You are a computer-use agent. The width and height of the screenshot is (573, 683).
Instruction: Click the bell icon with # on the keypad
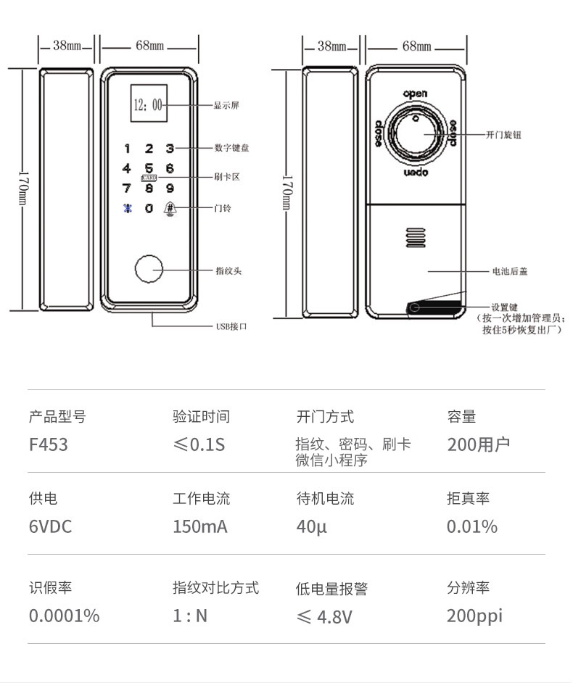(170, 208)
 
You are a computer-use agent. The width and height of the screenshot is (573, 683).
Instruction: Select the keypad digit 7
(126, 189)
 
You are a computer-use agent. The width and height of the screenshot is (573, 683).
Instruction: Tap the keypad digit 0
(149, 209)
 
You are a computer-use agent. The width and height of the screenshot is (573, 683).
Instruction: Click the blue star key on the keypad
(126, 209)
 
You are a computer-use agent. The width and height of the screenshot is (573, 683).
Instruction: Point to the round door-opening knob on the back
(416, 134)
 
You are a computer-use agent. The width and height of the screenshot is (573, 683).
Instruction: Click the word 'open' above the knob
(416, 94)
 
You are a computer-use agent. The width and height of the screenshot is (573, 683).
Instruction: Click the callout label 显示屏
(226, 106)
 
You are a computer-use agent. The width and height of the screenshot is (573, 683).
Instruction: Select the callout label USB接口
(232, 326)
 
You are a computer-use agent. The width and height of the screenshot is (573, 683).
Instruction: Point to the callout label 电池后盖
(511, 271)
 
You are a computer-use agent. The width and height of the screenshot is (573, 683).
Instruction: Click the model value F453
(49, 444)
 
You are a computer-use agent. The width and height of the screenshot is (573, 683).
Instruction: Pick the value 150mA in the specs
(199, 526)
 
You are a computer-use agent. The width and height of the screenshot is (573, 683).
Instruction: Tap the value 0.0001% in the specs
(64, 616)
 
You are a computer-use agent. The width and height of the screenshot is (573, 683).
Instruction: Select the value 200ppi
(474, 616)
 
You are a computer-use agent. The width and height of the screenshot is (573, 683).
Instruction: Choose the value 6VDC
(51, 526)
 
